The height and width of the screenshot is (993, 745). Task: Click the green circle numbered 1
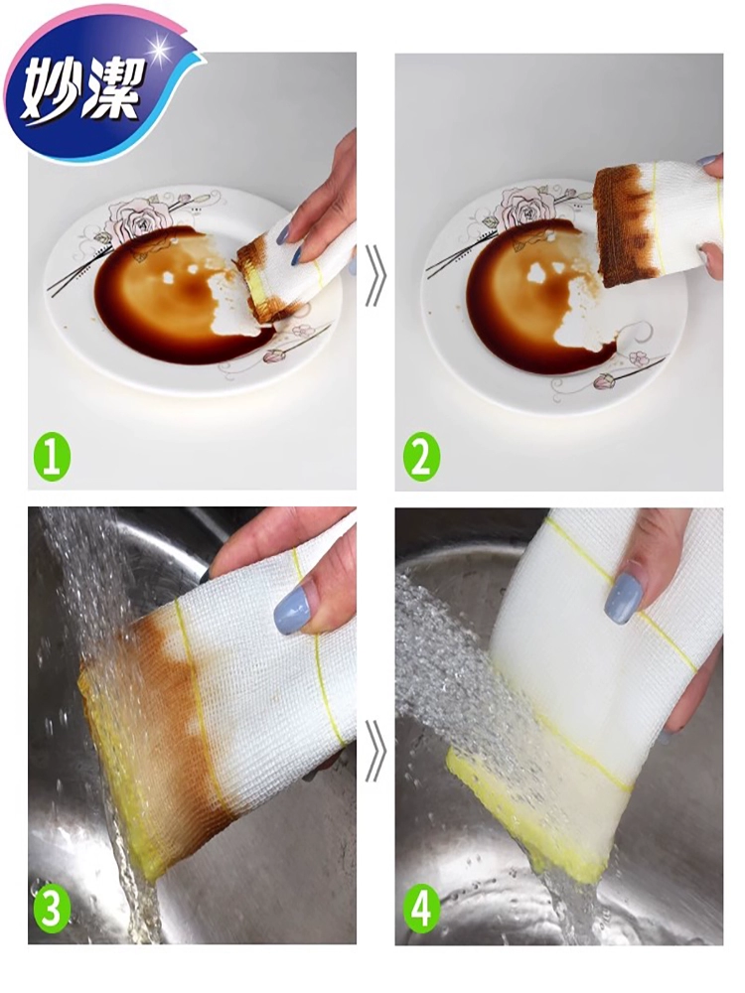point(53,457)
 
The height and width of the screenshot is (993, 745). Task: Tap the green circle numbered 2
point(421,457)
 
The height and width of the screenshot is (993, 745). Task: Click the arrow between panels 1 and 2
point(376,278)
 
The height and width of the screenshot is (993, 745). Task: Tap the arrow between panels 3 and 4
point(376,751)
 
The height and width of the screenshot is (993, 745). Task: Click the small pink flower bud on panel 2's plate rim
point(602,381)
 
